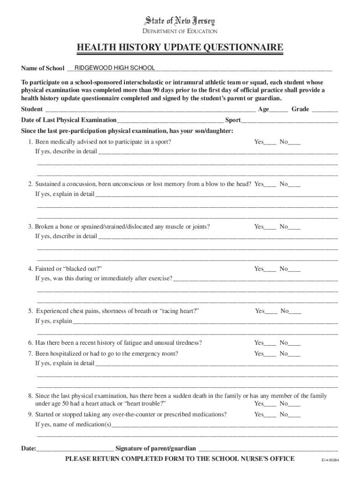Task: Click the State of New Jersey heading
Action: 180,22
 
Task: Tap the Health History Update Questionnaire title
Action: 180,47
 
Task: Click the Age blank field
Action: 279,110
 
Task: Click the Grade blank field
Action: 325,110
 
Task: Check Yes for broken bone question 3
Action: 271,228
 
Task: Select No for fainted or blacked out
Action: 295,270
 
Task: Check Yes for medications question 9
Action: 271,415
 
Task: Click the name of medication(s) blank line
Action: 224,426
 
